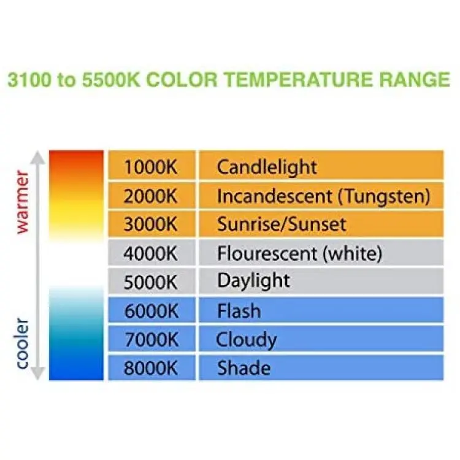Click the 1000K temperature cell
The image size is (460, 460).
tap(151, 165)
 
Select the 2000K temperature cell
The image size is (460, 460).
tap(151, 196)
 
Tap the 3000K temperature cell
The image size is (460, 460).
tap(151, 224)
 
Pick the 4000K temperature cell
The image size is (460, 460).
tap(151, 253)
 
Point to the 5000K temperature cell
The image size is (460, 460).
tap(151, 281)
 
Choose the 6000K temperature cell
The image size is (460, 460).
tap(151, 310)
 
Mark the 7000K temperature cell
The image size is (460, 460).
tap(151, 338)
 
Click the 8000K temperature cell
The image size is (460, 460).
tap(151, 367)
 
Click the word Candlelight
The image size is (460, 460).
tap(267, 168)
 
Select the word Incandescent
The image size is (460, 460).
tap(274, 196)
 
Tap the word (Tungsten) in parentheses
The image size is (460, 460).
tap(384, 197)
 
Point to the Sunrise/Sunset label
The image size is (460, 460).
tap(282, 224)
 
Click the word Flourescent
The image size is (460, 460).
tap(267, 253)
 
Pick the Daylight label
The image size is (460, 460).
tap(253, 281)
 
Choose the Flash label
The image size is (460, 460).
tap(239, 311)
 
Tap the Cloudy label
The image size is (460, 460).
tap(246, 340)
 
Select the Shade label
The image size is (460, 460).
tap(243, 368)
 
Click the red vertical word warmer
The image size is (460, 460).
tap(23, 202)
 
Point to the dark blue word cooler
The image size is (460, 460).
tap(23, 343)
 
